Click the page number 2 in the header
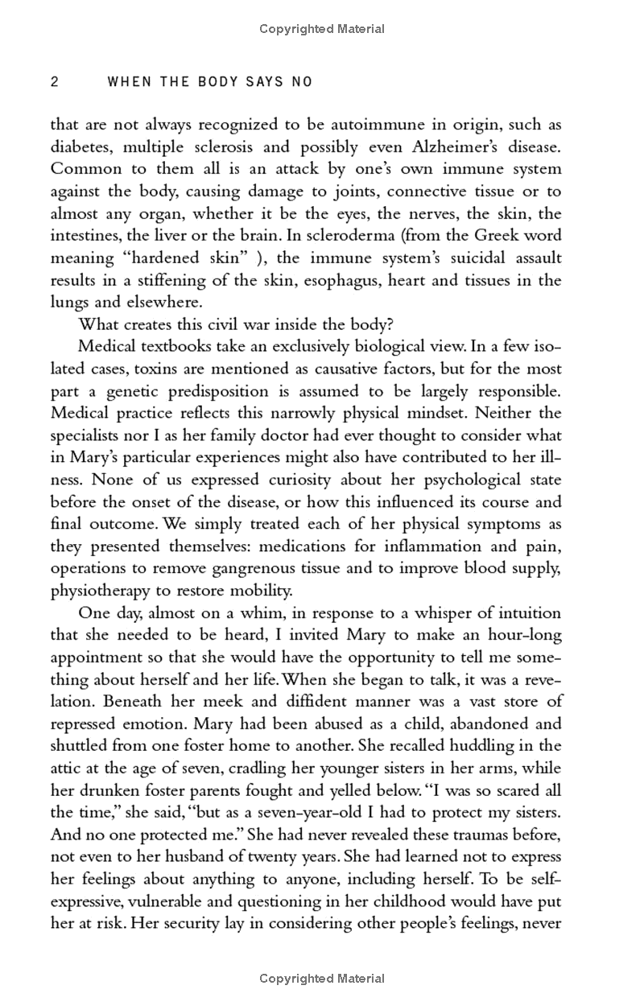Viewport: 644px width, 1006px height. coord(55,81)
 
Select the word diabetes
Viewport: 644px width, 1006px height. coord(79,147)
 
